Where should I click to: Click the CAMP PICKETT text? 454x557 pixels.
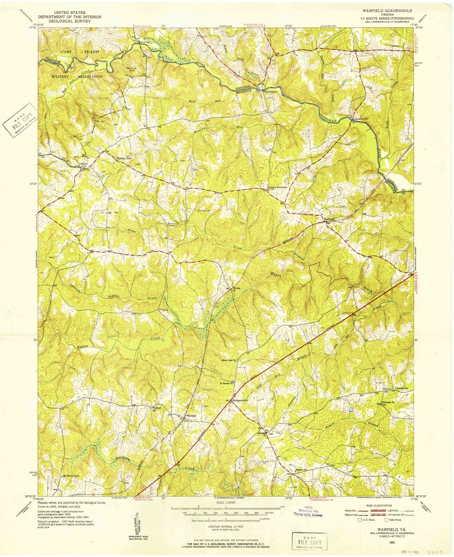tap(81, 52)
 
